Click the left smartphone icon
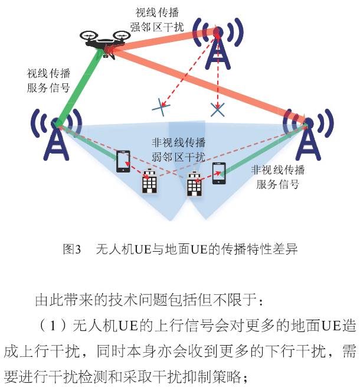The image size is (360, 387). [124, 161]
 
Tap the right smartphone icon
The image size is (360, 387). [218, 173]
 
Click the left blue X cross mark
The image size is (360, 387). [161, 106]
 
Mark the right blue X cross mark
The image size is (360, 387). [218, 108]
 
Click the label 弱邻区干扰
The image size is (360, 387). [178, 157]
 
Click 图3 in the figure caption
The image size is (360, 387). [72, 249]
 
